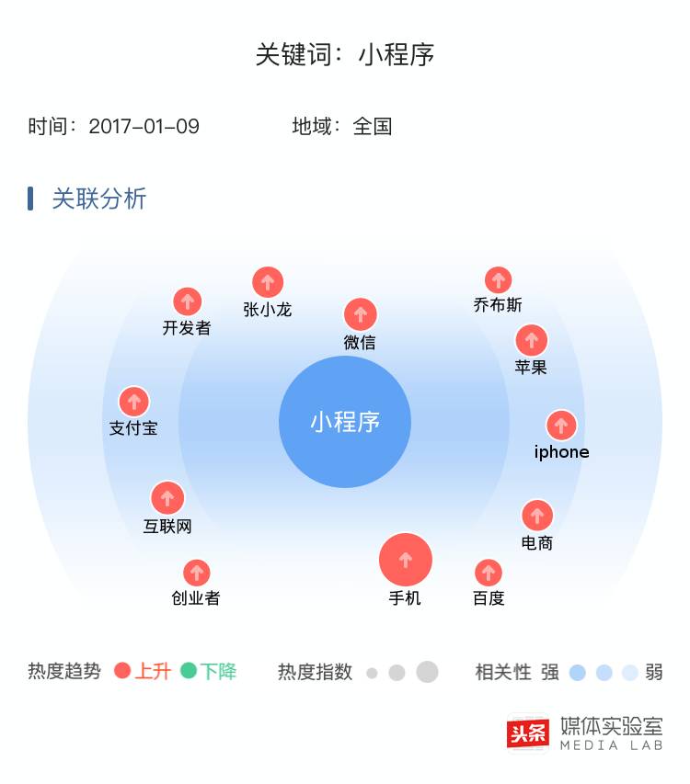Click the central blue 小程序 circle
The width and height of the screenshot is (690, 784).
tap(345, 422)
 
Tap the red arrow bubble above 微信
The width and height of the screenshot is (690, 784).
tap(361, 314)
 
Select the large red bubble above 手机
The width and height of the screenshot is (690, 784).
tap(406, 559)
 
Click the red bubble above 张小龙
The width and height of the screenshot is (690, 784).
tap(268, 282)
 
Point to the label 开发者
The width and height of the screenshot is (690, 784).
tap(187, 328)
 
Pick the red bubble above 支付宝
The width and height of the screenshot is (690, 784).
tap(134, 402)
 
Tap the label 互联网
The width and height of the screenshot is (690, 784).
tap(167, 527)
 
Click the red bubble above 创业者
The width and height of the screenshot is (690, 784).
tap(196, 573)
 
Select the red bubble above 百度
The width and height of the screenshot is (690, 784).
tap(489, 573)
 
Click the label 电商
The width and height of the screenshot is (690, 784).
tap(537, 543)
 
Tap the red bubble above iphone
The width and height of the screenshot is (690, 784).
tap(561, 425)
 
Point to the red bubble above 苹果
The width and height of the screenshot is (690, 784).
tap(532, 340)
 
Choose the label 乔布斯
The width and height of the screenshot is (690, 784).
tap(498, 305)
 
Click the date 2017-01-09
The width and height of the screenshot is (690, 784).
tap(144, 127)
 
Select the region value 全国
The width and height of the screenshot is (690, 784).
tap(373, 127)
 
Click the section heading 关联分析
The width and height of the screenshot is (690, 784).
tap(99, 199)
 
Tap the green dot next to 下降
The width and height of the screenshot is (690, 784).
tap(189, 671)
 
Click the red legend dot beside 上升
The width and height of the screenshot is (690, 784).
tap(122, 671)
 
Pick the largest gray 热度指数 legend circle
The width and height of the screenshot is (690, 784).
tap(427, 672)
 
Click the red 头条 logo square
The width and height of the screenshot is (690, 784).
tap(528, 733)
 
